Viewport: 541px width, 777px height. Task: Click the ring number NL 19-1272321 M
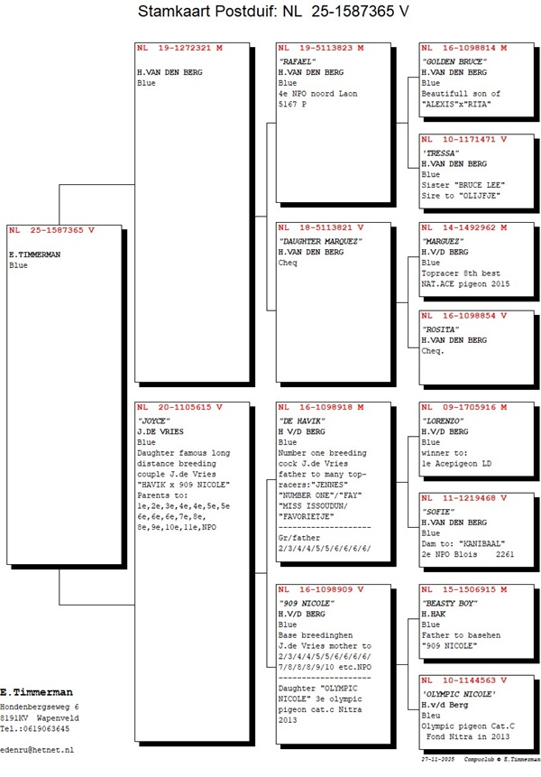pyautogui.click(x=179, y=48)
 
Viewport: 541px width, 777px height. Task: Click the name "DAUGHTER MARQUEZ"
pyautogui.click(x=320, y=241)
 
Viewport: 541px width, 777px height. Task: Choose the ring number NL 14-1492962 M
pyautogui.click(x=464, y=228)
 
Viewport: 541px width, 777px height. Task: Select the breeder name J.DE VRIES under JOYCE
pyautogui.click(x=161, y=431)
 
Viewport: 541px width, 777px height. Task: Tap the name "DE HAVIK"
pyautogui.click(x=302, y=421)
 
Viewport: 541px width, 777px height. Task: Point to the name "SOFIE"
pyautogui.click(x=439, y=511)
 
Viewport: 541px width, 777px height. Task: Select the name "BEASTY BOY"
pyautogui.click(x=450, y=602)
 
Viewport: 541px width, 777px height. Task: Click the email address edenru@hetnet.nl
pyautogui.click(x=37, y=750)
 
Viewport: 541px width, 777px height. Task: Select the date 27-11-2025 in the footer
pyautogui.click(x=438, y=761)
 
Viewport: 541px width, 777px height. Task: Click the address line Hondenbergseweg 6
pyautogui.click(x=40, y=706)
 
